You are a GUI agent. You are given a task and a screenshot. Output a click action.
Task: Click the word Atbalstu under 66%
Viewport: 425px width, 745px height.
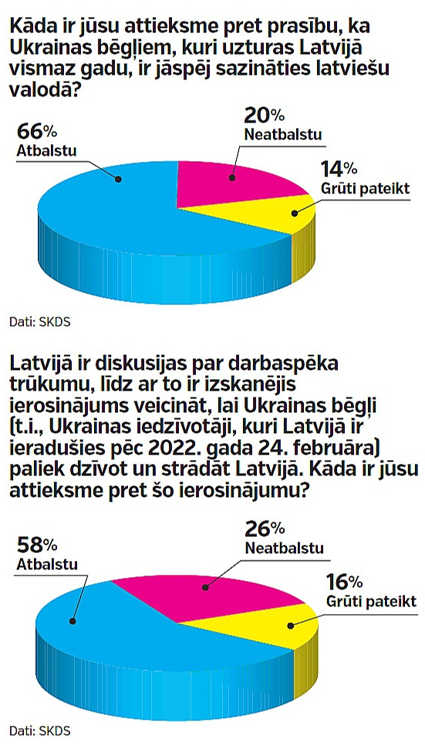pyautogui.click(x=46, y=150)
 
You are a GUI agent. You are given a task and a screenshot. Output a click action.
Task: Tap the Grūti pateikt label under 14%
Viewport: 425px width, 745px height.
pyautogui.click(x=365, y=190)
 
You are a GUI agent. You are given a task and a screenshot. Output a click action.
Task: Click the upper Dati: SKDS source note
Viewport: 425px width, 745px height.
pyautogui.click(x=39, y=323)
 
